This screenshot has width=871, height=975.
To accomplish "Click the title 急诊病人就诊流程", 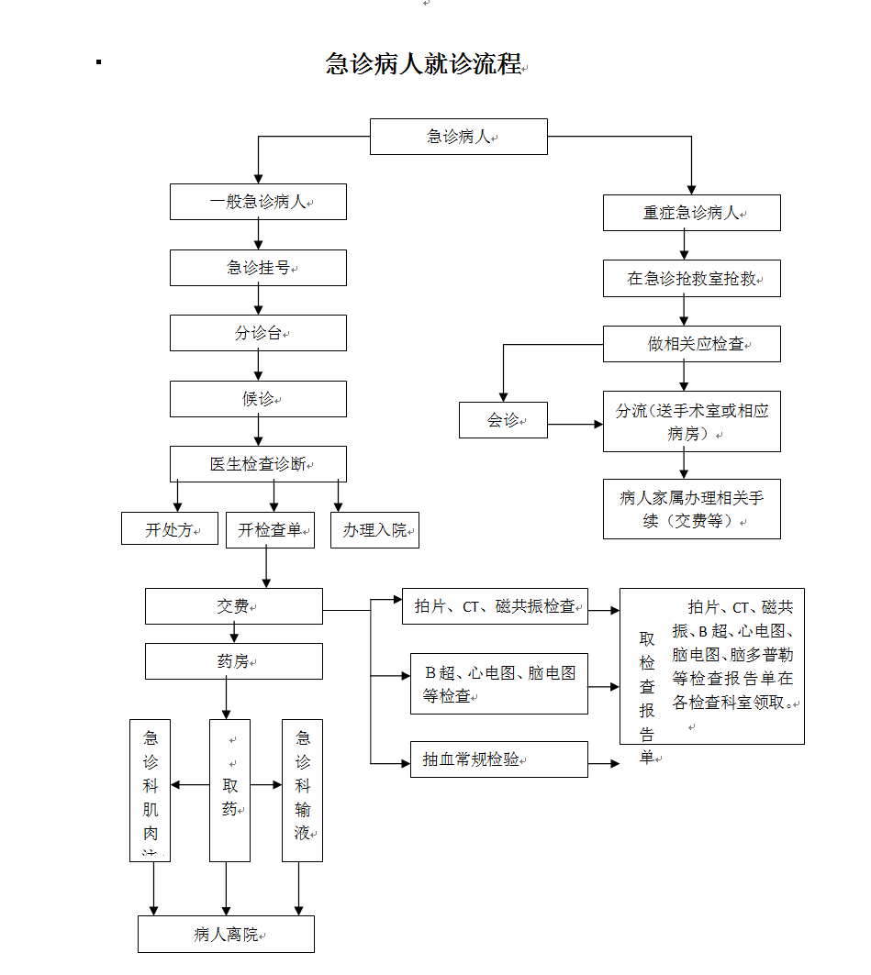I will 423,64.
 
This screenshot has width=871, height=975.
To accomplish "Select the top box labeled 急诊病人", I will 458,137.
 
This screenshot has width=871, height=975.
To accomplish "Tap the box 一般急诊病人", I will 258,202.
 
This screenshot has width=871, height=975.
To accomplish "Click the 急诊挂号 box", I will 258,268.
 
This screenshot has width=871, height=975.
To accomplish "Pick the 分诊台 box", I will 258,333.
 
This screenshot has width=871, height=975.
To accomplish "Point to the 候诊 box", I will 258,399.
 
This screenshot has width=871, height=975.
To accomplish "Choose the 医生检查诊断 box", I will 258,464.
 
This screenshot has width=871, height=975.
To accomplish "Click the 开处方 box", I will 170,530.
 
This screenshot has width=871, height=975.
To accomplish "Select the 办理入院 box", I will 374,530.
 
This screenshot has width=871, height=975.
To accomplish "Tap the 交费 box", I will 233,606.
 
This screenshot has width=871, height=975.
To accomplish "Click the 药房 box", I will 233,660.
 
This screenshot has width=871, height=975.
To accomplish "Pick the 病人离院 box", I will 226,935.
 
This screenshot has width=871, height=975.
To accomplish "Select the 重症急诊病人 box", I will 691,213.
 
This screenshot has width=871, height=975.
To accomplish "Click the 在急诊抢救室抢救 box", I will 691,279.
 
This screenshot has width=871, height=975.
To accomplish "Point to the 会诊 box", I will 503,420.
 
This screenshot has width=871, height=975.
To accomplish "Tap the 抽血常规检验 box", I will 498,759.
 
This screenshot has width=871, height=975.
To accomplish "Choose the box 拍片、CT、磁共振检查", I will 495,606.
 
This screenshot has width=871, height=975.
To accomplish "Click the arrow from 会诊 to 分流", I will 575,425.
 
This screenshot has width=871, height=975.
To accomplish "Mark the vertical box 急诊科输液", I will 302,790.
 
